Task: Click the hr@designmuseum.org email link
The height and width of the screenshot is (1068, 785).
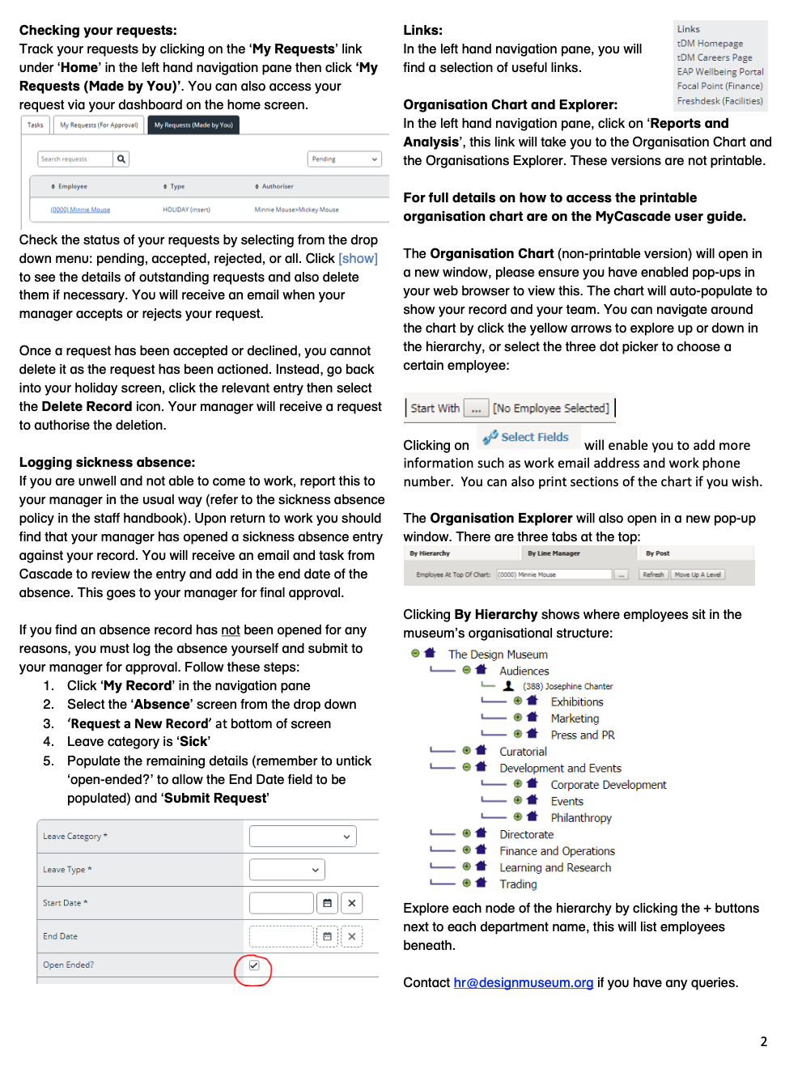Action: (x=523, y=982)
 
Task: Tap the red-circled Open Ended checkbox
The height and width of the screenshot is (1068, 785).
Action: (x=254, y=966)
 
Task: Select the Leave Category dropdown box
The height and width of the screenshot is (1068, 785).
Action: (x=302, y=837)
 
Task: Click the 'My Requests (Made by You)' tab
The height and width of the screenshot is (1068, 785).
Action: (x=193, y=125)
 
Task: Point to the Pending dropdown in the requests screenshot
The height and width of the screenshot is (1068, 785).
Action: (x=345, y=159)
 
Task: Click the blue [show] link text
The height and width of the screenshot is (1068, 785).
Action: (x=358, y=258)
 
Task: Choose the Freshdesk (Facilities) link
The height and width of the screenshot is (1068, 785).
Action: (x=719, y=101)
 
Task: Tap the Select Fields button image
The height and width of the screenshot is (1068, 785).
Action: (x=527, y=437)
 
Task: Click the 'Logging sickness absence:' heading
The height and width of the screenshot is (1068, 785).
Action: (x=107, y=462)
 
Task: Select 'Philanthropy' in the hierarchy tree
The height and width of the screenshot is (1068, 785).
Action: (x=581, y=818)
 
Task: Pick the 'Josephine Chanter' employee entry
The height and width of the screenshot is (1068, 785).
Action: (x=567, y=686)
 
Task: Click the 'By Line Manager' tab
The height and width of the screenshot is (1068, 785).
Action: (x=554, y=553)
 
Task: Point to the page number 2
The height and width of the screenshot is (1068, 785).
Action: (x=763, y=1041)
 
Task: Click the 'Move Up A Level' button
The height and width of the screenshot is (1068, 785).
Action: (x=698, y=574)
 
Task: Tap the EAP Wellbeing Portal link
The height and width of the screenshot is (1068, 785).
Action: (x=719, y=72)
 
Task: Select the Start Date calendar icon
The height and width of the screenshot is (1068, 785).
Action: (x=327, y=903)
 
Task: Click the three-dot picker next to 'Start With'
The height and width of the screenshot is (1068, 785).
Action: (x=476, y=409)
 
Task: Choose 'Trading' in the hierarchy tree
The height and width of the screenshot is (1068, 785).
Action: (x=518, y=884)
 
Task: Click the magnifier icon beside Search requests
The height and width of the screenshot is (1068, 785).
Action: (x=121, y=159)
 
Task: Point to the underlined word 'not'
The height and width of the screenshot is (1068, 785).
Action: (x=231, y=629)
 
